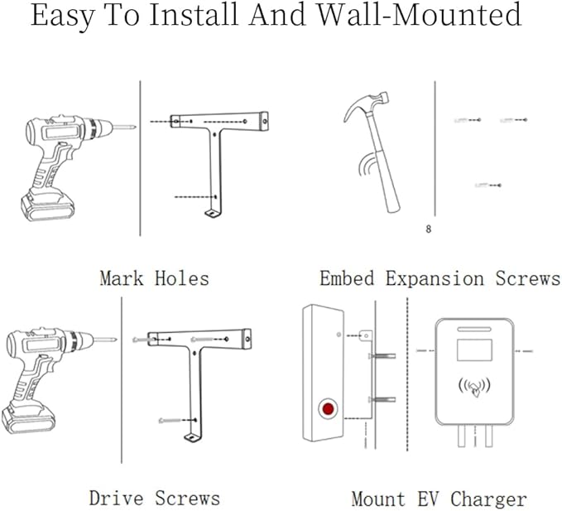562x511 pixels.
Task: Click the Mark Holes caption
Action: point(154,277)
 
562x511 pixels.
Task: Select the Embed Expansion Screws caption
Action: point(440,277)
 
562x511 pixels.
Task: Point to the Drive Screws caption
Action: point(155,498)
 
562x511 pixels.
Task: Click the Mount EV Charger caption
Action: point(439,499)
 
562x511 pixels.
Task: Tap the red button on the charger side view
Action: point(329,409)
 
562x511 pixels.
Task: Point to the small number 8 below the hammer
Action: point(428,229)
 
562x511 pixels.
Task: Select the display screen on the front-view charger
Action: point(474,349)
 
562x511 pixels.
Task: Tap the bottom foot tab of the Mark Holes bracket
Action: point(214,215)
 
